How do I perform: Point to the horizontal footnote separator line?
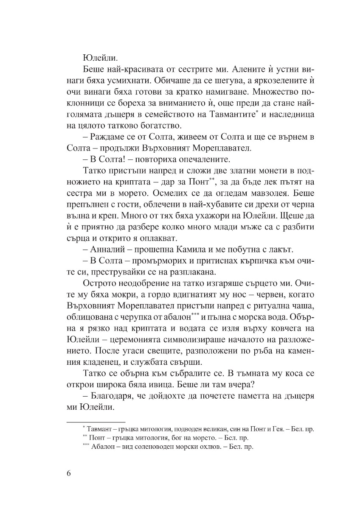(x=96, y=422)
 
